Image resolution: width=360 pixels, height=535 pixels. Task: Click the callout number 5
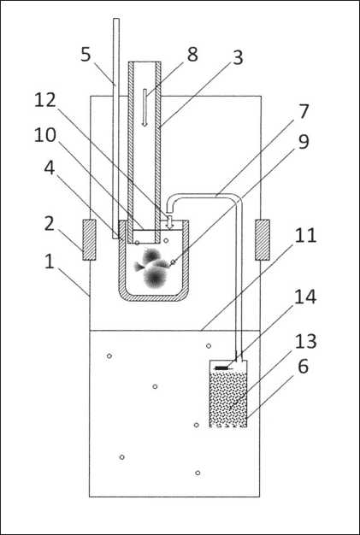click(x=86, y=54)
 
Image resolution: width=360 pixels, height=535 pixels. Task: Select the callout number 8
click(x=192, y=54)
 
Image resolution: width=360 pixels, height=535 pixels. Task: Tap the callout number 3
click(x=238, y=57)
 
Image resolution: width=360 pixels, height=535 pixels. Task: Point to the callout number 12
click(x=45, y=100)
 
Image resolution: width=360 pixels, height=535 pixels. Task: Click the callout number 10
click(x=45, y=135)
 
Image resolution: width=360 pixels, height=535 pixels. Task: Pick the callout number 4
click(x=50, y=168)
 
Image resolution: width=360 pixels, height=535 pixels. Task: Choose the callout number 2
click(x=50, y=224)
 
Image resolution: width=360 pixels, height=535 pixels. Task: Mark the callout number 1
click(x=50, y=262)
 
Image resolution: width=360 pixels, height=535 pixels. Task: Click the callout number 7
click(x=304, y=112)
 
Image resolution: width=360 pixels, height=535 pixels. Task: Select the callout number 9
click(x=304, y=141)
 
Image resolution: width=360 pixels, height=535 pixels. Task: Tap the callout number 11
click(x=306, y=236)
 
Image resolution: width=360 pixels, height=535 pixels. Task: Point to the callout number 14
click(x=306, y=297)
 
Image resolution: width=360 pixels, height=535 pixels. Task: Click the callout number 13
click(x=306, y=341)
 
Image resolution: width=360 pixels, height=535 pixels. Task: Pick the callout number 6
click(x=303, y=367)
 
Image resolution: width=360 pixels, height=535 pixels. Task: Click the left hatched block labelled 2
click(x=89, y=240)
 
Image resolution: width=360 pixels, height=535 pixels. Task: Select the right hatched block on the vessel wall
click(x=263, y=240)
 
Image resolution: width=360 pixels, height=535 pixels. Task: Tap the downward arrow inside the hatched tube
click(x=145, y=108)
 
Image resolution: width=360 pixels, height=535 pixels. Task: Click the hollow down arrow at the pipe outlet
click(x=169, y=222)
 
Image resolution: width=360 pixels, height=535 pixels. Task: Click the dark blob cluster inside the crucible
click(x=152, y=267)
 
